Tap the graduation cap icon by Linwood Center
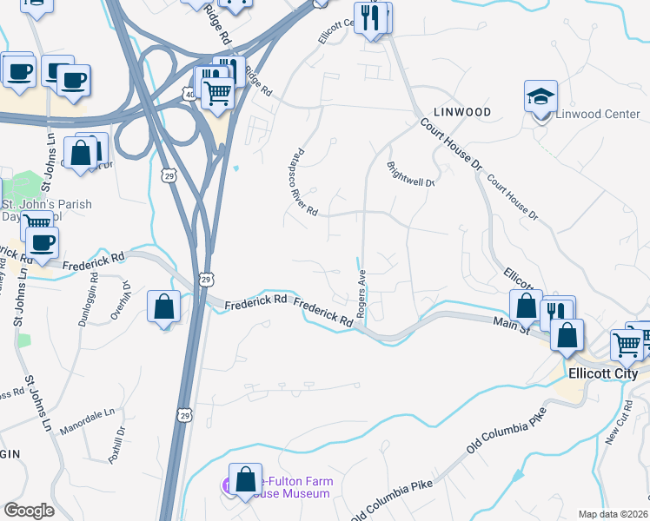(x=541, y=96)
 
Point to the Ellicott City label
(x=602, y=373)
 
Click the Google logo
(x=29, y=510)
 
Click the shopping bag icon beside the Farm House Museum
(x=245, y=480)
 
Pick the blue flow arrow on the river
(x=518, y=477)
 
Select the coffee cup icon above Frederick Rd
(x=42, y=242)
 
